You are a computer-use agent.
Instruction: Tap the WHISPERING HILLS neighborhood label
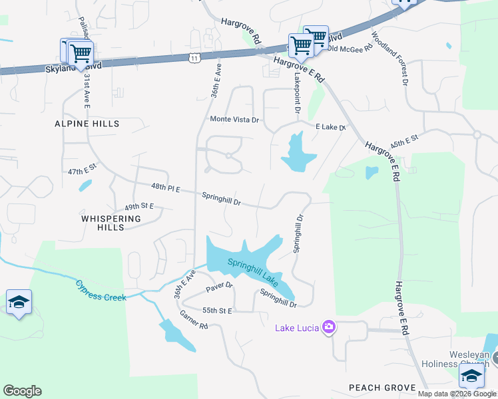tap(111, 223)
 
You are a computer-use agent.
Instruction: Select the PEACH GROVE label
tap(382, 388)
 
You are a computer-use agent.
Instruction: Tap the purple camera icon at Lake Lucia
tap(328, 327)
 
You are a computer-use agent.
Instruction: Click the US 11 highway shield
tap(194, 59)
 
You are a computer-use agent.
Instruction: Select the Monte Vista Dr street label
tap(234, 119)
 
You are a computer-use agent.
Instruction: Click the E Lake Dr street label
tap(331, 127)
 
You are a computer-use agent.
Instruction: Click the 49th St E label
tap(139, 206)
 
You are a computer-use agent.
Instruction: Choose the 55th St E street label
tap(216, 311)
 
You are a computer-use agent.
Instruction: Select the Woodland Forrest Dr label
tap(389, 59)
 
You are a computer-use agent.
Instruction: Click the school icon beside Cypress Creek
tap(19, 303)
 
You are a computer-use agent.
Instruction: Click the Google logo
tap(22, 391)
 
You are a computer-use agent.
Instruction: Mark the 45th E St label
tap(403, 142)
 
